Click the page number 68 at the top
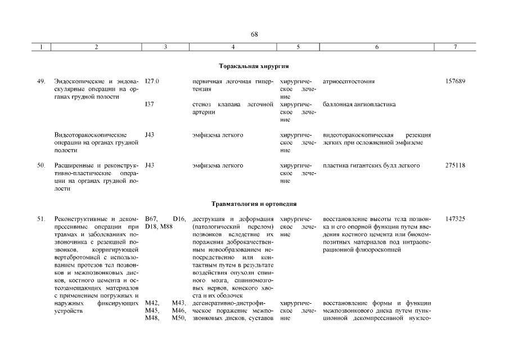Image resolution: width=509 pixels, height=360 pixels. coord(254,34)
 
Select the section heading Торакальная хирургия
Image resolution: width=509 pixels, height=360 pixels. coord(254,66)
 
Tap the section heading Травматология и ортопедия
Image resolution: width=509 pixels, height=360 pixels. coord(254,204)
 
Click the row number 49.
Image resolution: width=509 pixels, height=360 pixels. coord(41,82)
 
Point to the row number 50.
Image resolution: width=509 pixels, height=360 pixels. coord(41,165)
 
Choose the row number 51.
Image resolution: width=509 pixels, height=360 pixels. coord(41,219)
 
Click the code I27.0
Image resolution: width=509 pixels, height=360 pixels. coord(152,82)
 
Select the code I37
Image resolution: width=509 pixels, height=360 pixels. coord(148,104)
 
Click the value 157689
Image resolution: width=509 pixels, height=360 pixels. coord(454,82)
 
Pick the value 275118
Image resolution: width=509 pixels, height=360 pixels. coord(454,165)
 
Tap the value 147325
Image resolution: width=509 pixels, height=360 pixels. coord(454,219)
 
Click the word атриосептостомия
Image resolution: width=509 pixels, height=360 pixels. coord(349,82)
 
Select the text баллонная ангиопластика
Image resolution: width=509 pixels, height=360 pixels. coord(359,104)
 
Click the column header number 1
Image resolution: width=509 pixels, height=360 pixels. coord(41,48)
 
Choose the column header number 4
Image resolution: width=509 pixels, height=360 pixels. coord(233,48)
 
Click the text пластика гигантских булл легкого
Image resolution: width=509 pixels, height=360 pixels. coord(372,165)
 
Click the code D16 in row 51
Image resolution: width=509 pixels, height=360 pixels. coord(179,219)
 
